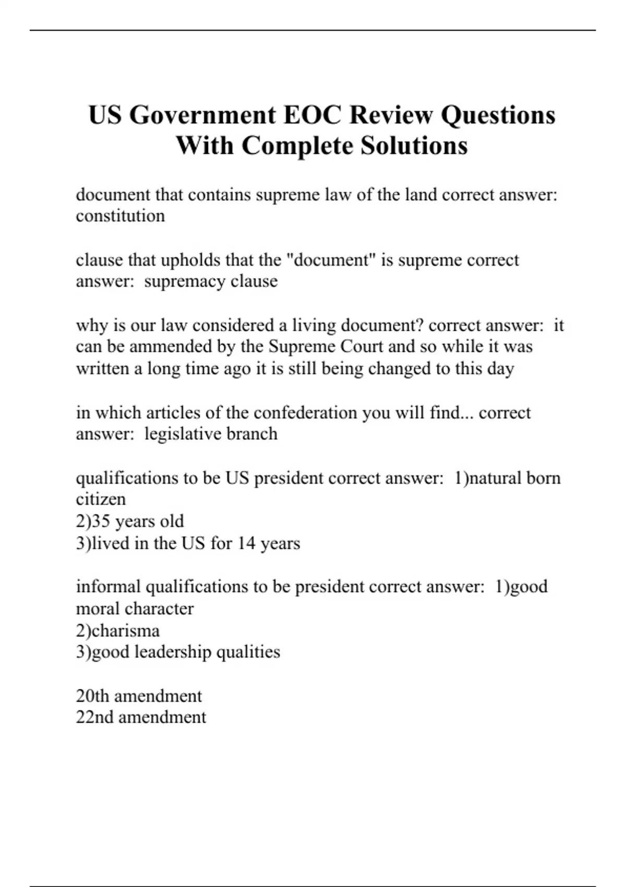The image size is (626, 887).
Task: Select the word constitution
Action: click(x=121, y=216)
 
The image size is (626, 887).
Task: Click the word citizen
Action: click(x=101, y=499)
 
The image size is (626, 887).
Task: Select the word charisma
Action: click(x=125, y=631)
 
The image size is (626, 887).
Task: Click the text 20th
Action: click(x=92, y=696)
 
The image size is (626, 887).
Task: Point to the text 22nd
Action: click(x=94, y=717)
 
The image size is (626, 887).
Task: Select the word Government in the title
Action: click(x=203, y=115)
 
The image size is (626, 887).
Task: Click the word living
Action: click(x=314, y=326)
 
